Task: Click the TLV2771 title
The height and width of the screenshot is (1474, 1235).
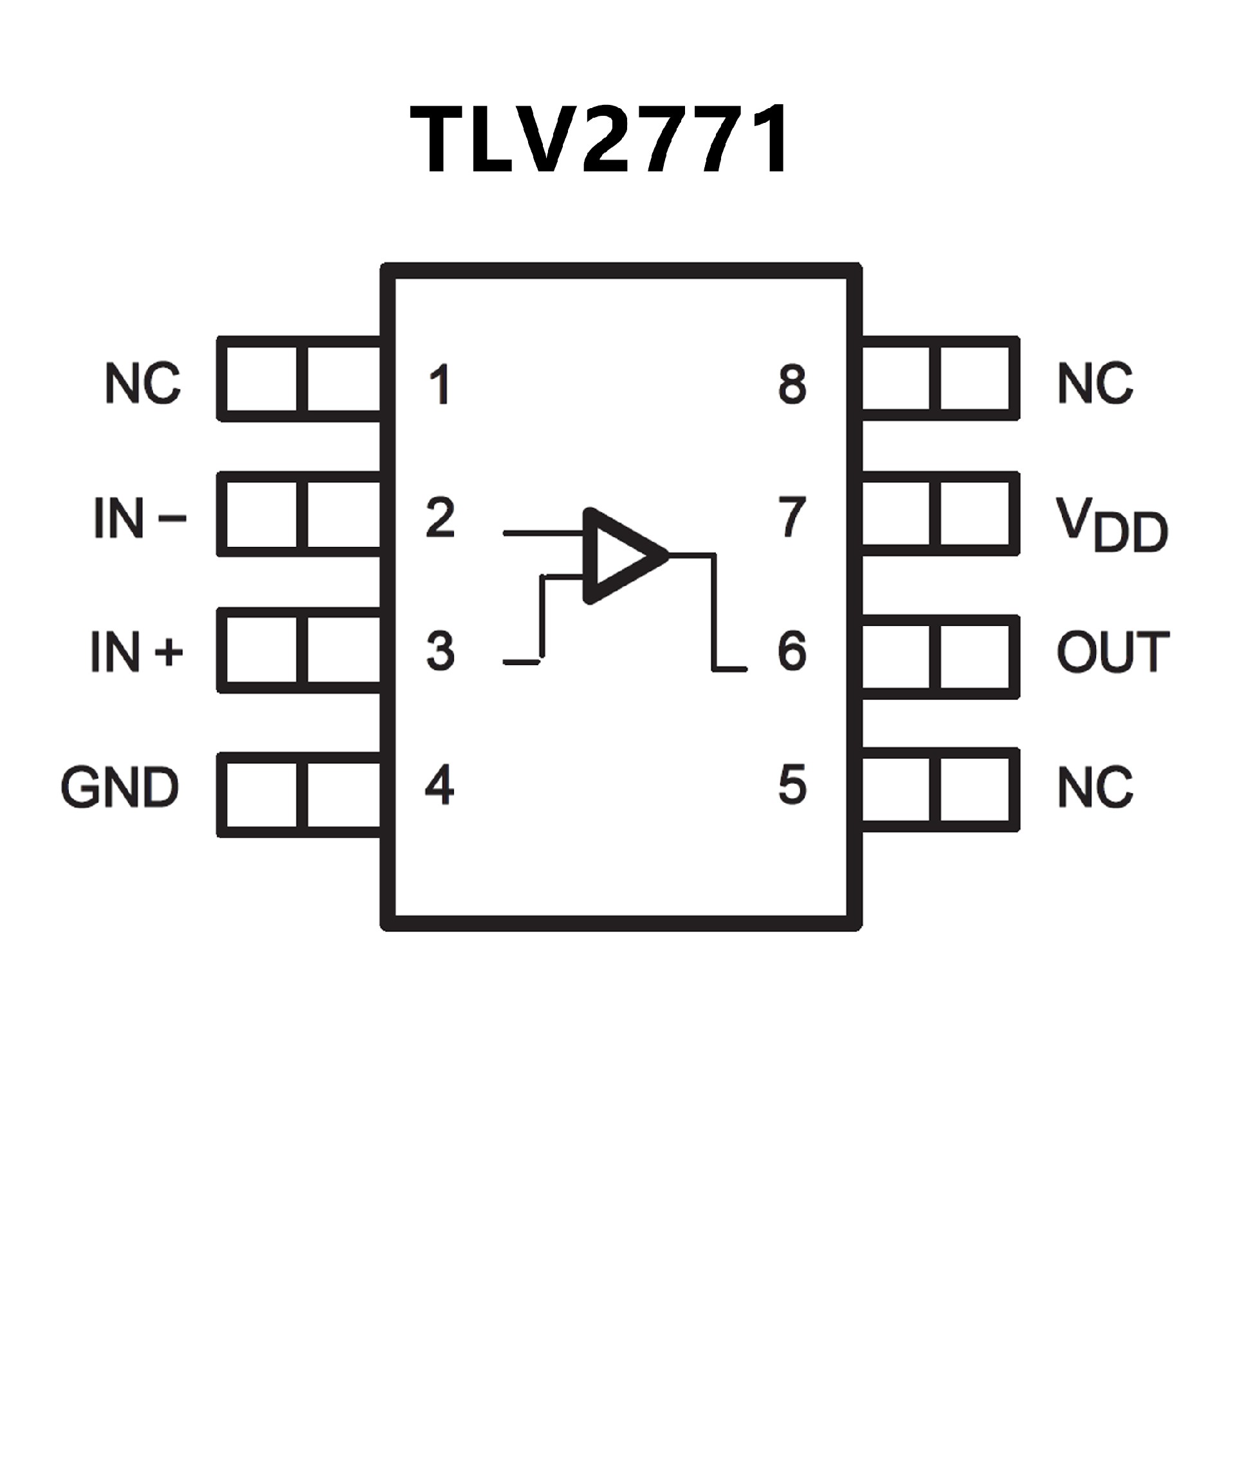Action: click(x=601, y=139)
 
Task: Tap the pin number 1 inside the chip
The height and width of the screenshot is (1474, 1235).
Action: click(x=440, y=385)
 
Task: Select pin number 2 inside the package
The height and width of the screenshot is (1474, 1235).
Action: click(x=440, y=518)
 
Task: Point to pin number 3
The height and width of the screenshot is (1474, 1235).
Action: click(x=440, y=651)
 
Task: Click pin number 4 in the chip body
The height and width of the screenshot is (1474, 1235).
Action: click(x=440, y=785)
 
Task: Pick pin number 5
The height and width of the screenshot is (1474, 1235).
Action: click(x=792, y=785)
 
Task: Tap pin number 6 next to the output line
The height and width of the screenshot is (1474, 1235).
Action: click(x=792, y=651)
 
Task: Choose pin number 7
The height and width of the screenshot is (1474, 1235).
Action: click(x=792, y=518)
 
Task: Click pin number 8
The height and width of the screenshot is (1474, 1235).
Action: click(x=792, y=385)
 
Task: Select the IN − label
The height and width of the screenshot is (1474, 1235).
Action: click(x=140, y=519)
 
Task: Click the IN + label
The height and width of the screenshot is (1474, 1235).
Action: click(x=137, y=652)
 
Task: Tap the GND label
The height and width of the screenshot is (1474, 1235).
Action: click(x=120, y=787)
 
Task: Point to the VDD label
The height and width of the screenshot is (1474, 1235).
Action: click(x=1111, y=525)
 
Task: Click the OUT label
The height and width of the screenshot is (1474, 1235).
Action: click(x=1113, y=652)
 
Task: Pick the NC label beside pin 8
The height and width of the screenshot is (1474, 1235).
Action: click(x=1095, y=383)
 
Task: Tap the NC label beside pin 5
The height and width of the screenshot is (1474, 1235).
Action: click(x=1095, y=787)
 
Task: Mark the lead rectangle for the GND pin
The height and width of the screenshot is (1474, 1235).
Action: click(x=300, y=795)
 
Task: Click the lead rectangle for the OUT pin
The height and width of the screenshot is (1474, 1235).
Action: click(x=939, y=656)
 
